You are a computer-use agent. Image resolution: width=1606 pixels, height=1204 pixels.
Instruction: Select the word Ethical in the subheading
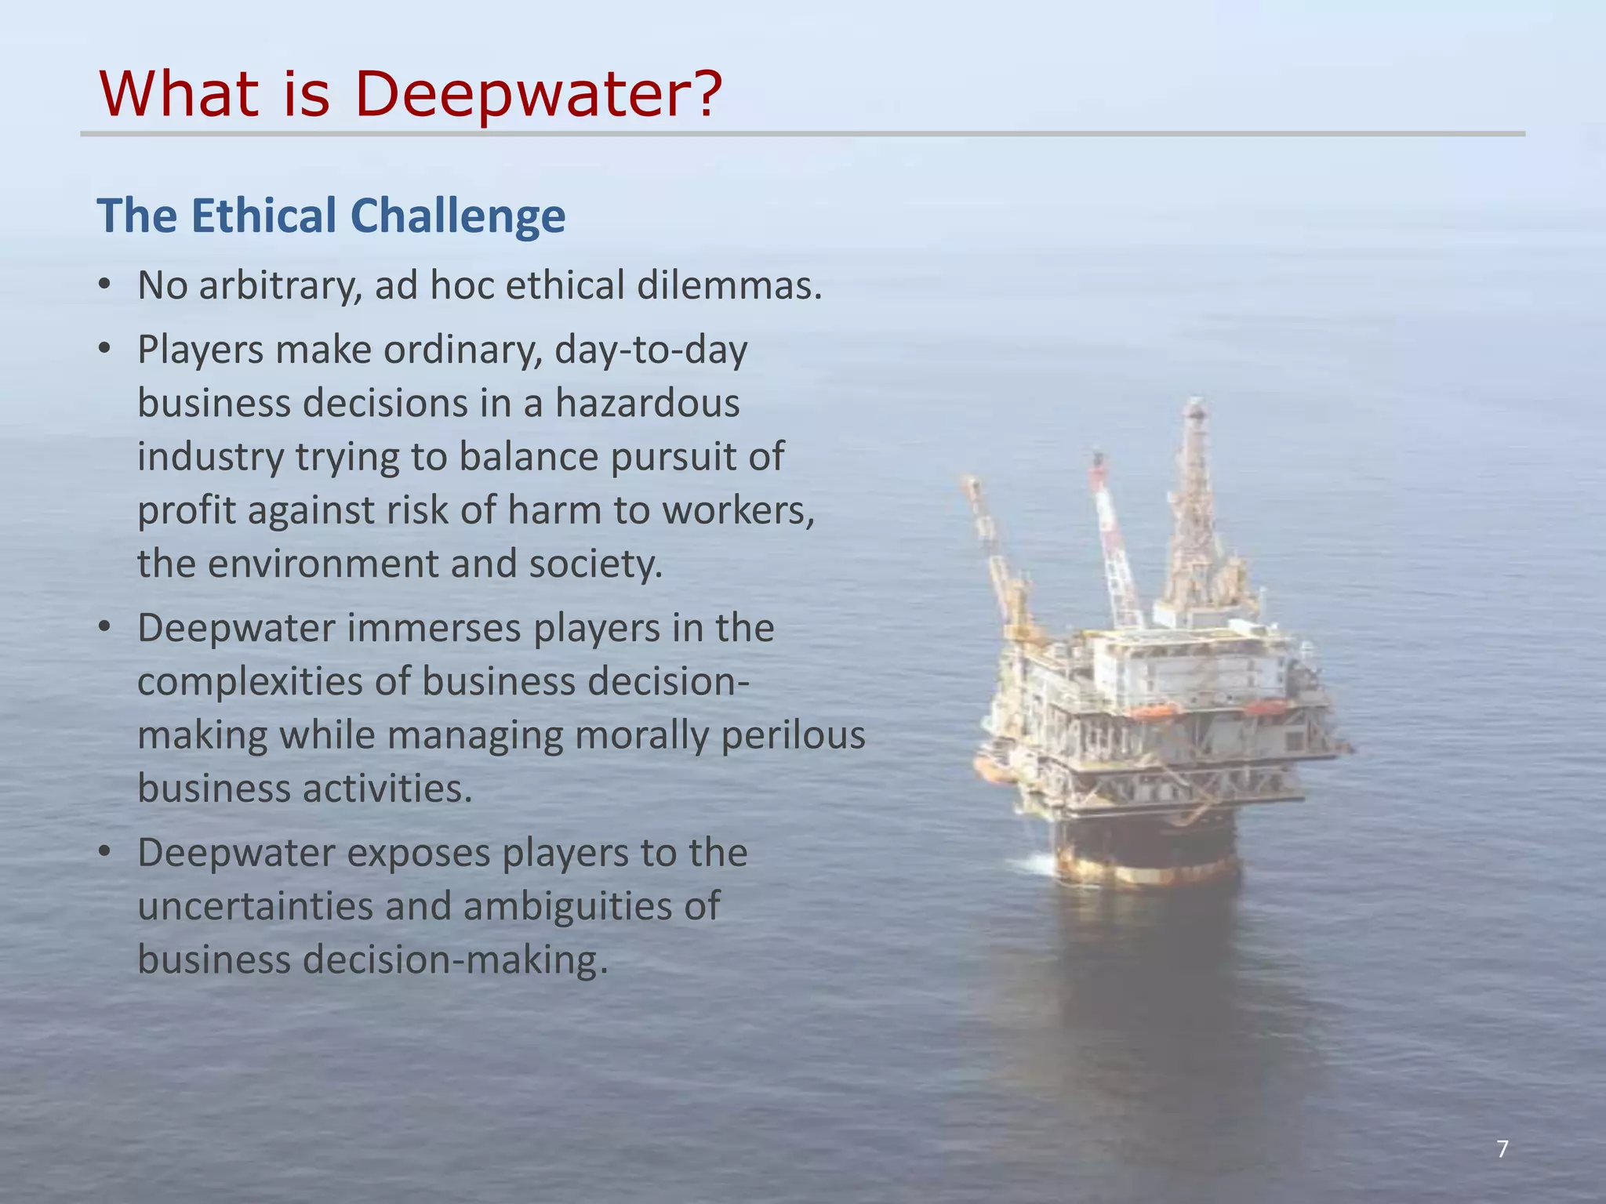tap(264, 216)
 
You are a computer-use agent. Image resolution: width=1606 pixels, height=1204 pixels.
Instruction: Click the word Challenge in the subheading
tap(458, 217)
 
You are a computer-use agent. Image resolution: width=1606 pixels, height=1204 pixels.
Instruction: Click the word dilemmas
tap(729, 285)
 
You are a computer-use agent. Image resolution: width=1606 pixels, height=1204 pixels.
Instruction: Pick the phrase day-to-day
tap(650, 350)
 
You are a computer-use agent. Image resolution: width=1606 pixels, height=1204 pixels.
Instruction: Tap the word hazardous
tap(648, 404)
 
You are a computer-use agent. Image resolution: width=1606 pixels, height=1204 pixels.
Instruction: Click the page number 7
tap(1502, 1149)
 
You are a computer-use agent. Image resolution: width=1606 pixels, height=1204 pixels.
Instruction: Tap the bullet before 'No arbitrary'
tap(105, 286)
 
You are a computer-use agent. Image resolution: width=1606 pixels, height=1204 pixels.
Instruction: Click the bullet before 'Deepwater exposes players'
tap(105, 854)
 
